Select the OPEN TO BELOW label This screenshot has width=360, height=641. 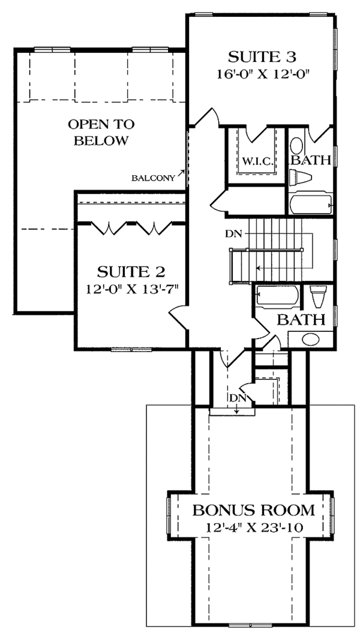101,131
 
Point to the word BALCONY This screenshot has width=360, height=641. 153,178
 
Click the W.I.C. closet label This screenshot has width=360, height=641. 256,160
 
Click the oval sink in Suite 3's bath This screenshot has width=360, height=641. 296,145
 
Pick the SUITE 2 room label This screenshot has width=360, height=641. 131,271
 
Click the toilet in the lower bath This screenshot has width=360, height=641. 318,296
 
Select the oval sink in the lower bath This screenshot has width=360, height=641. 311,339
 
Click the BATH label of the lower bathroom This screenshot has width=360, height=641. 301,320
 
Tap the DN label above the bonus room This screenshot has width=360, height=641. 236,398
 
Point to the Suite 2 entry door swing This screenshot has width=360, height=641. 178,317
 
